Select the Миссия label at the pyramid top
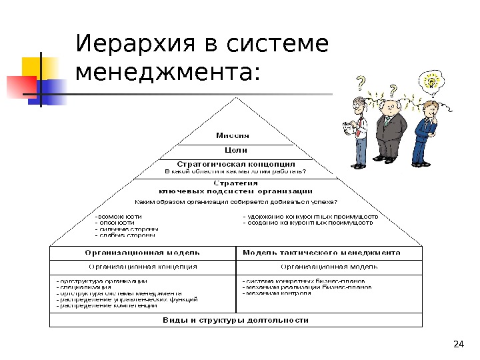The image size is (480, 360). pyautogui.click(x=233, y=135)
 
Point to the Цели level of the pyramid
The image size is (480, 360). pyautogui.click(x=233, y=150)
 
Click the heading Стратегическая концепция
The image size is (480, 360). pyautogui.click(x=236, y=163)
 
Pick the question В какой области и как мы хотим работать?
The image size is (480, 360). pyautogui.click(x=235, y=171)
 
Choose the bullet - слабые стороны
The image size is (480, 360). pyautogui.click(x=126, y=235)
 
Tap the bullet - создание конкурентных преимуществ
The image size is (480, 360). pyautogui.click(x=307, y=223)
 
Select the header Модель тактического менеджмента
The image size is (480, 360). pyautogui.click(x=321, y=253)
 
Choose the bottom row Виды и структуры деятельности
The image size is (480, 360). pyautogui.click(x=236, y=320)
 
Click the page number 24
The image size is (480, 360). pyautogui.click(x=457, y=344)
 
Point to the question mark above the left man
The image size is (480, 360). pyautogui.click(x=361, y=83)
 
